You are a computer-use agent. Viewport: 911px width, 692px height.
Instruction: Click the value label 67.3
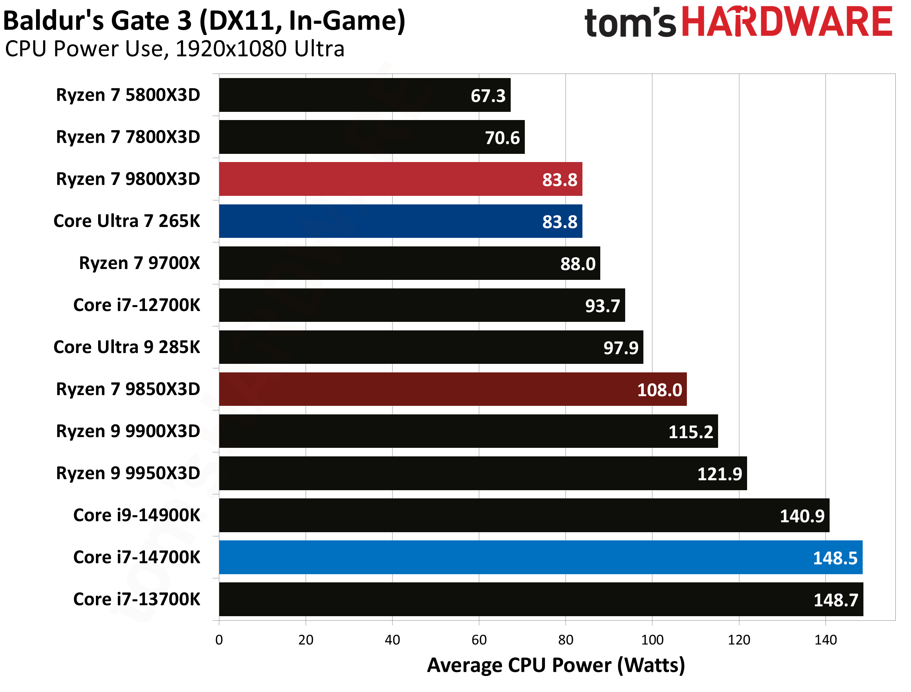[x=488, y=96]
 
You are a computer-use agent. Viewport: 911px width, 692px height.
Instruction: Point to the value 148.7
[x=836, y=600]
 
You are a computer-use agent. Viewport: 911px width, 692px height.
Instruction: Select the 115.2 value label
[x=690, y=432]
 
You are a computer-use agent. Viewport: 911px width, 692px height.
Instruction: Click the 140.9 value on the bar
[x=802, y=516]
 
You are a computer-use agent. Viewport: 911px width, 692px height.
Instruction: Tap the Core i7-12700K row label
[x=136, y=305]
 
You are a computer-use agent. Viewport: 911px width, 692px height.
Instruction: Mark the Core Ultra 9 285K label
[x=126, y=347]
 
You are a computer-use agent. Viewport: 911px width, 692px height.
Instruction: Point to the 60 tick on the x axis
[x=479, y=640]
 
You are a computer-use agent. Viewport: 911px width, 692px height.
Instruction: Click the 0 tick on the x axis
[x=219, y=640]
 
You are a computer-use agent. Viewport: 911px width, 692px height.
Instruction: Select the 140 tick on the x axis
[x=826, y=640]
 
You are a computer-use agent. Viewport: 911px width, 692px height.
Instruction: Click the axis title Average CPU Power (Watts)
[x=556, y=665]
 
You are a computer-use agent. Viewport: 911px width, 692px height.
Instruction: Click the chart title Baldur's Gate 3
[x=204, y=20]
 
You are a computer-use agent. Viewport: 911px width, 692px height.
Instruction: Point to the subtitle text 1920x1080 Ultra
[x=259, y=49]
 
